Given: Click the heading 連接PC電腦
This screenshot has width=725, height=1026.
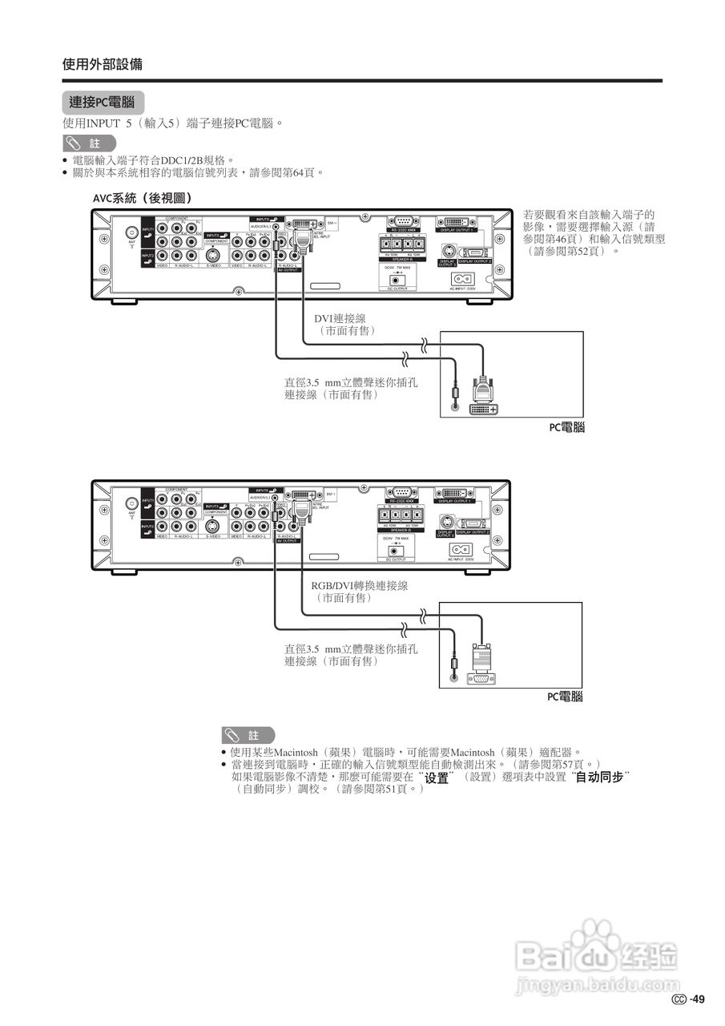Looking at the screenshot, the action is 103,103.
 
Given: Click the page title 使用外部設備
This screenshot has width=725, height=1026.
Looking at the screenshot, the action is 103,64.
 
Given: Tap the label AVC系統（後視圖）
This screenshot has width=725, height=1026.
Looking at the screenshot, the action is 141,197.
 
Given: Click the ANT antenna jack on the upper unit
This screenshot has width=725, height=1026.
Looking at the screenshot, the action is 131,233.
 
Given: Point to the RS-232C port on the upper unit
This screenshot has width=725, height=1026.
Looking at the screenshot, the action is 402,222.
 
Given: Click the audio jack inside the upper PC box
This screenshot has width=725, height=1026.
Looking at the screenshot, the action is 455,406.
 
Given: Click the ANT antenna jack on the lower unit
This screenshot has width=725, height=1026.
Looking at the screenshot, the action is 131,503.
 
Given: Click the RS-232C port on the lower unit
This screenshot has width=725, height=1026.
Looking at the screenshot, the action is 402,492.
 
